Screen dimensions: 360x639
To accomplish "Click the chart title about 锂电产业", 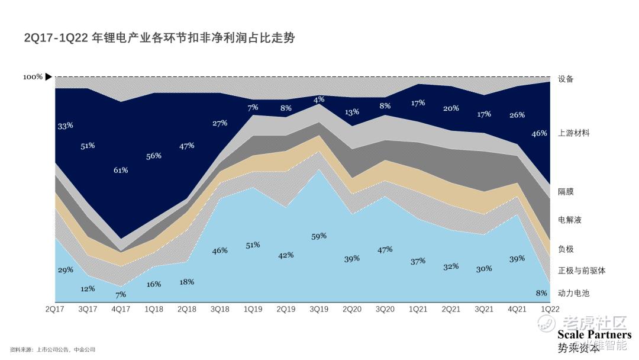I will tap(159, 38).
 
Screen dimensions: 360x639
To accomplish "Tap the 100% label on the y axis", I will tap(33, 77).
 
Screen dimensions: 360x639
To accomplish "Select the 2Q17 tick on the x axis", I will tap(55, 309).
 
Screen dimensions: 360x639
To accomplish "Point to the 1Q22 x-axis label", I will tap(550, 309).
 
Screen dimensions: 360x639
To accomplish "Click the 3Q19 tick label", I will tap(319, 309).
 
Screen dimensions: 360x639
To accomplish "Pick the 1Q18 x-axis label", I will tap(154, 309).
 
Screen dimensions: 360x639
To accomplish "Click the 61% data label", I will tap(121, 170).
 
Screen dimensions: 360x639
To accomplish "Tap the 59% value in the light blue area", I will tap(319, 236).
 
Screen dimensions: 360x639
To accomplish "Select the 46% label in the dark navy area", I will tap(539, 134).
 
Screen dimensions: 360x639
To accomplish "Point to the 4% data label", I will tap(319, 99).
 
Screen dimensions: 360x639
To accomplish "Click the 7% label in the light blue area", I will tap(121, 294).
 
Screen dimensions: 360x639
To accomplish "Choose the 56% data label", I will tap(154, 156).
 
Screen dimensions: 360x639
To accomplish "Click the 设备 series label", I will tap(566, 79).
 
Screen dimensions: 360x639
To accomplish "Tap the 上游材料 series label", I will tap(573, 133).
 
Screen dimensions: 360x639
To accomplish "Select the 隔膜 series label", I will tap(566, 192).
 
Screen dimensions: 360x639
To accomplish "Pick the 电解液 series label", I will tap(569, 220).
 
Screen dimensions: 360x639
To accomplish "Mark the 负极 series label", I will tap(566, 249).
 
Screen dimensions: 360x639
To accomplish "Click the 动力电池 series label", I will tap(573, 293).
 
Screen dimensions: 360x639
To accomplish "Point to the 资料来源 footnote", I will tap(53, 350).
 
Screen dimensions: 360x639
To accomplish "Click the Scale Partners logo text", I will tap(594, 335).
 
